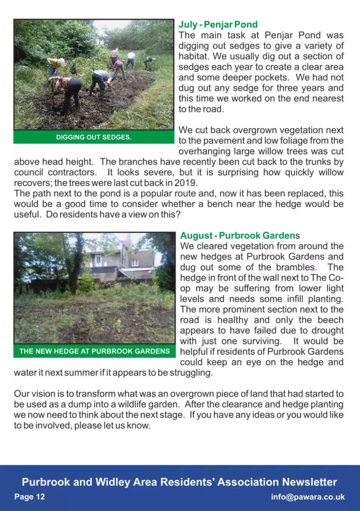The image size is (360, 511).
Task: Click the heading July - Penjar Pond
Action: pos(218,24)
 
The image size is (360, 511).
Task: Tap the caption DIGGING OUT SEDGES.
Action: pos(94,137)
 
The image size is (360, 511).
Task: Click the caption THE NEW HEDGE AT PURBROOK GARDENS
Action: pos(95,351)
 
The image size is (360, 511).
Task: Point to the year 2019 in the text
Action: pos(187,183)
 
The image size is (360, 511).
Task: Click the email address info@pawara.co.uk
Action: pos(308,497)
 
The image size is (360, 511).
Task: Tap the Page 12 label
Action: pos(29,497)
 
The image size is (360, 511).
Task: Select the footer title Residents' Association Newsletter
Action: pos(237,482)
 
